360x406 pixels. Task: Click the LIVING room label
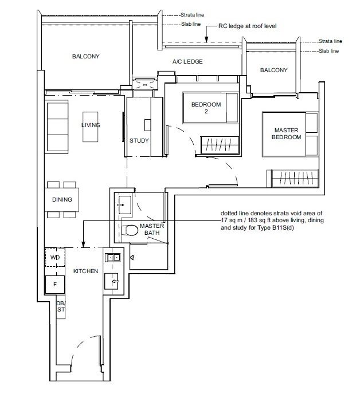[91, 125]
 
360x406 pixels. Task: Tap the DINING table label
[62, 200]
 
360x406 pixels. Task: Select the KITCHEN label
[85, 271]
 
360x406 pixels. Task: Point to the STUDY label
[139, 141]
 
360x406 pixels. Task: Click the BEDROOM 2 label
[206, 108]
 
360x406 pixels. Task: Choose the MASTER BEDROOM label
[286, 133]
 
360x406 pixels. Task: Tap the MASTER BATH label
[152, 230]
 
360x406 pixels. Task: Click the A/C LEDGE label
[187, 62]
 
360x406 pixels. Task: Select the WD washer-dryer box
[55, 257]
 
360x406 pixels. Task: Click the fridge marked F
[54, 285]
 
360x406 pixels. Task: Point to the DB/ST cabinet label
[61, 306]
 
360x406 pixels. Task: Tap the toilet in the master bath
[130, 230]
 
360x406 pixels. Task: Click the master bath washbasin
[124, 205]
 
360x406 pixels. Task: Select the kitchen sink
[111, 281]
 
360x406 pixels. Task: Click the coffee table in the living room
[90, 127]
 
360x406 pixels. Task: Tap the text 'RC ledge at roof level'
[247, 26]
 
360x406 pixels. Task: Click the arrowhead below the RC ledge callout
[206, 40]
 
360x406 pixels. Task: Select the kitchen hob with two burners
[113, 258]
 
